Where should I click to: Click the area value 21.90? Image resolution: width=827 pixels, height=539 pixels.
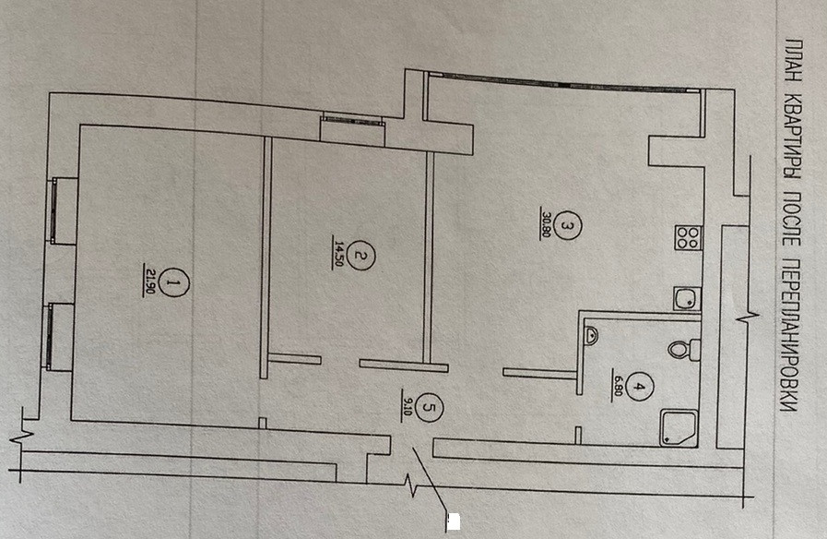pyautogui.click(x=149, y=278)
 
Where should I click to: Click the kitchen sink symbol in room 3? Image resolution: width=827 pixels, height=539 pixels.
pyautogui.click(x=686, y=298)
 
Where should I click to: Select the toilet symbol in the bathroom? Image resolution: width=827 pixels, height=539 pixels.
pyautogui.click(x=683, y=349)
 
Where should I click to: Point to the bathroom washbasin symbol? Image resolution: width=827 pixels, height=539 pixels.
pyautogui.click(x=591, y=337)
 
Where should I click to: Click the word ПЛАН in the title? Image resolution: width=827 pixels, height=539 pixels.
pyautogui.click(x=794, y=58)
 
